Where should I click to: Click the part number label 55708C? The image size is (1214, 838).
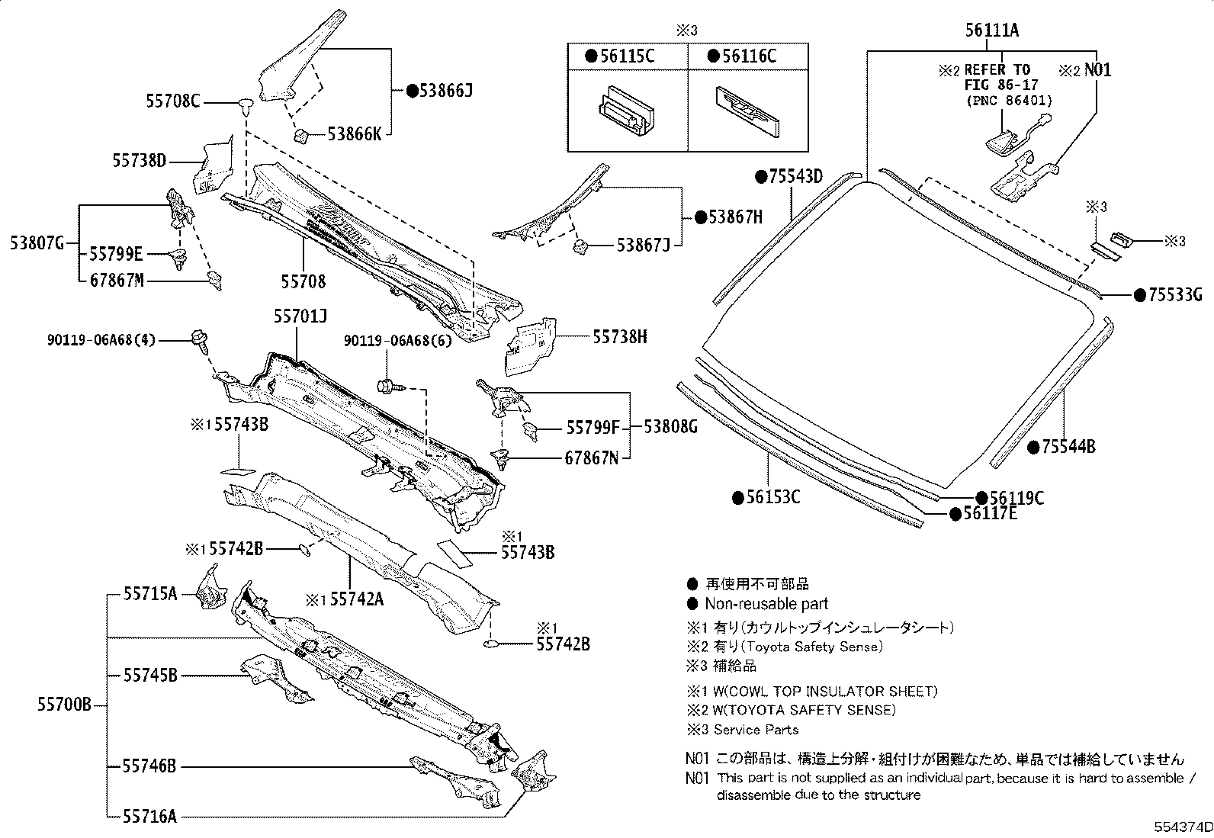[x=172, y=101]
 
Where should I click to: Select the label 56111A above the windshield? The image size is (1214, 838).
[x=991, y=31]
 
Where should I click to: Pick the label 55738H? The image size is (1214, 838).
[x=619, y=336]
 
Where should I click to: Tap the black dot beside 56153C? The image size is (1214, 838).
[x=737, y=498]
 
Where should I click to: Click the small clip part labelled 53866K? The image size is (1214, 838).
[x=302, y=136]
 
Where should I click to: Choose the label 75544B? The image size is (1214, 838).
[x=1068, y=447]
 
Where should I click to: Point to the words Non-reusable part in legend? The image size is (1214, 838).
[x=766, y=604]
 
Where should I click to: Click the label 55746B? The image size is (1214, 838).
[x=149, y=766]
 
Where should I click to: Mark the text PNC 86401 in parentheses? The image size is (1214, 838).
[x=1008, y=101]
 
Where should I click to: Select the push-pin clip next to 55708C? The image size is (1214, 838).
[x=245, y=104]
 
